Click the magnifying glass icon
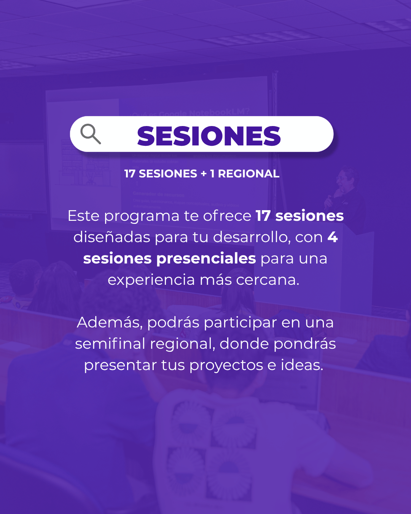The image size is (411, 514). click(x=91, y=134)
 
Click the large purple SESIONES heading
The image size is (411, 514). click(x=209, y=136)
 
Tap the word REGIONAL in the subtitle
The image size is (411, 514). click(x=249, y=174)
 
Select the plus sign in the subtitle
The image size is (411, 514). click(x=204, y=174)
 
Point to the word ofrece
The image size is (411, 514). click(x=227, y=216)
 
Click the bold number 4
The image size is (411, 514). click(x=333, y=237)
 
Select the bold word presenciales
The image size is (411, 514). click(x=206, y=259)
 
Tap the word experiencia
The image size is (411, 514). click(x=151, y=280)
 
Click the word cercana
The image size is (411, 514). click(x=268, y=280)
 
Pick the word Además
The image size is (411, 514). click(x=110, y=322)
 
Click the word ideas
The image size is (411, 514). click(x=302, y=365)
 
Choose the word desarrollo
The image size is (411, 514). click(x=252, y=238)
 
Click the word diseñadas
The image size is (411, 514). click(x=112, y=237)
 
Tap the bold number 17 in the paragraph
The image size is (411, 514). click(x=263, y=216)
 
